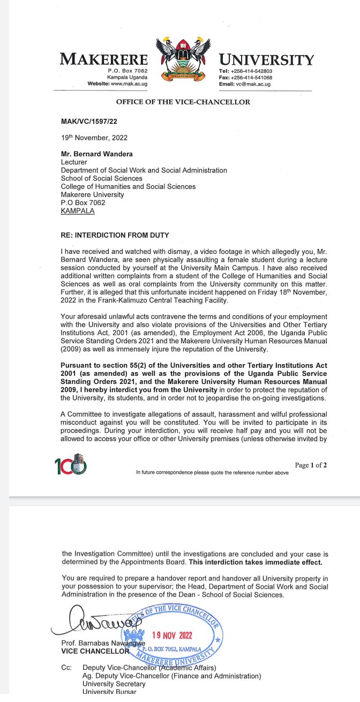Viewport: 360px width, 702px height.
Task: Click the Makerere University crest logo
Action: pyautogui.click(x=182, y=60)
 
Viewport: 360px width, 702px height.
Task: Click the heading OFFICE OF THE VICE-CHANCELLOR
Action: pyautogui.click(x=183, y=102)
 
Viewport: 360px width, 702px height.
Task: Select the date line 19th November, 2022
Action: pyautogui.click(x=94, y=138)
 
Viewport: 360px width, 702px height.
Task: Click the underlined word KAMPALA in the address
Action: pyautogui.click(x=78, y=211)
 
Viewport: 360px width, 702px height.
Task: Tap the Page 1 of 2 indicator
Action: pyautogui.click(x=311, y=465)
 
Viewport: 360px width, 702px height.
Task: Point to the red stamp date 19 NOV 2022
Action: pyautogui.click(x=171, y=636)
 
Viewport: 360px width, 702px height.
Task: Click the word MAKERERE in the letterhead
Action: pyautogui.click(x=104, y=59)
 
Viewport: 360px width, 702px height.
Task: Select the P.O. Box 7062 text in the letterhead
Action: pyautogui.click(x=127, y=71)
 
